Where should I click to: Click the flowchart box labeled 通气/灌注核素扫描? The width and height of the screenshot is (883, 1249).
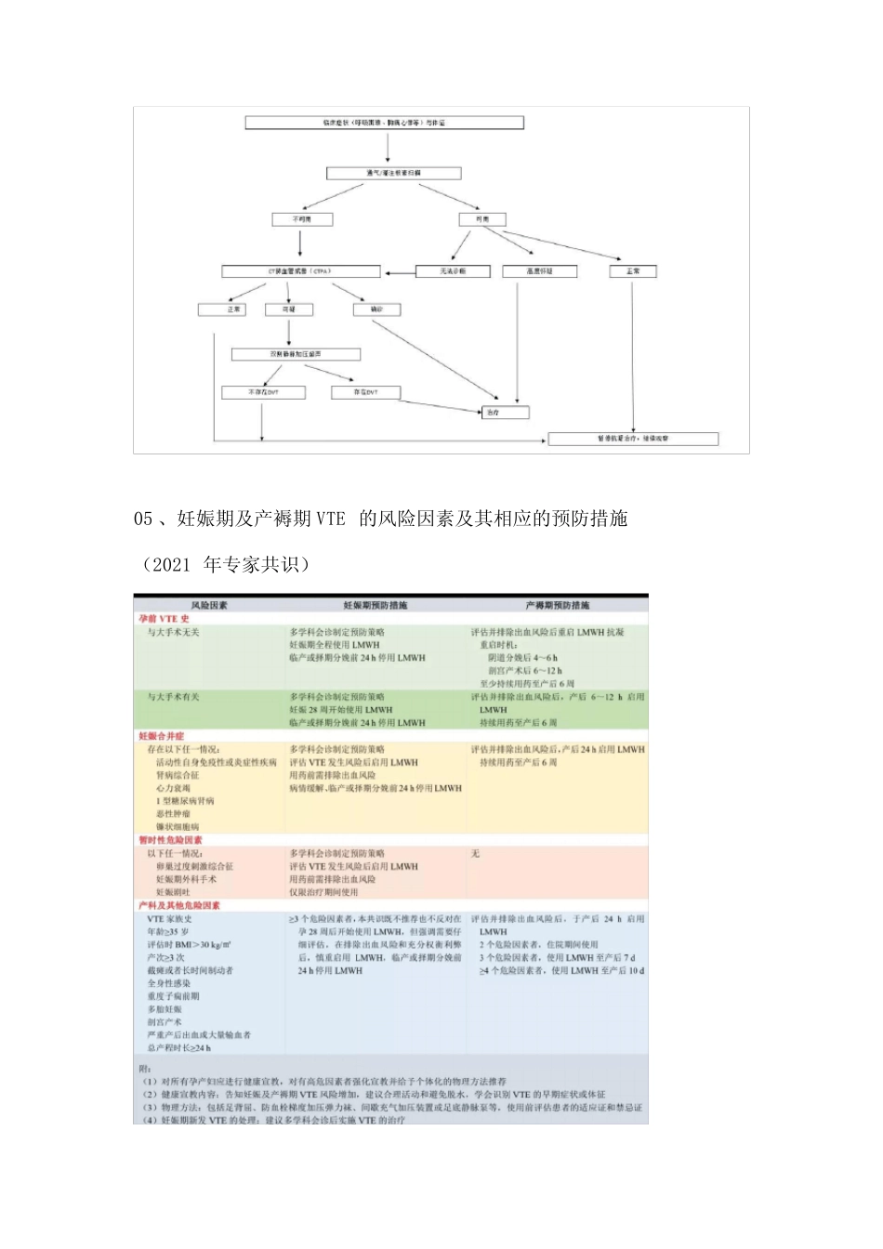(x=393, y=173)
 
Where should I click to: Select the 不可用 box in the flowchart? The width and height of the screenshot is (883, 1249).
(x=301, y=219)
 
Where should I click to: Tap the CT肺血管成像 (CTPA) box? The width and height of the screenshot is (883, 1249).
(x=300, y=271)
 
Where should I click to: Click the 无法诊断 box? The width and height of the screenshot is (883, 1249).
(x=453, y=271)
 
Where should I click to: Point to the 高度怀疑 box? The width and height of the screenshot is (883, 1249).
(x=539, y=271)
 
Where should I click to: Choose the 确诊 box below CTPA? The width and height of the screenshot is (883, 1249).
(x=376, y=309)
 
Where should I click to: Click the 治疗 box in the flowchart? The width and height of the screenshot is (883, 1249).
(x=505, y=412)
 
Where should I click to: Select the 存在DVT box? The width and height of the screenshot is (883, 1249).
(x=366, y=392)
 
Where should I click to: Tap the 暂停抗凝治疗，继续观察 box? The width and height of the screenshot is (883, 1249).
(x=632, y=439)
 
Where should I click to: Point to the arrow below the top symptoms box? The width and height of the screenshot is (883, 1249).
(x=384, y=148)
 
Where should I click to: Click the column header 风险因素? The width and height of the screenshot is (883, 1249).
(x=209, y=605)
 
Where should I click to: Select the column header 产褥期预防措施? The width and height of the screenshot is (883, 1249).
(x=557, y=605)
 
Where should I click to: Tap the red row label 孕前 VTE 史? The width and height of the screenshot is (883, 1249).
(x=164, y=619)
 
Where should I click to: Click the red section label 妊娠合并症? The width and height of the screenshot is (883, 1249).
(x=162, y=736)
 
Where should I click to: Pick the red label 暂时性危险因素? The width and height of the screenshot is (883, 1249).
(x=170, y=840)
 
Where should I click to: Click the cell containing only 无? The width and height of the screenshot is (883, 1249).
(x=475, y=853)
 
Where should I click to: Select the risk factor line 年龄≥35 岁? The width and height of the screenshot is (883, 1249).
(x=168, y=931)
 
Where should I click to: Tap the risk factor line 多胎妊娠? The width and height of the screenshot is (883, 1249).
(x=165, y=1009)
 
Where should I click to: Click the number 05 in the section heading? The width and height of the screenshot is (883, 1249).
(x=143, y=519)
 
